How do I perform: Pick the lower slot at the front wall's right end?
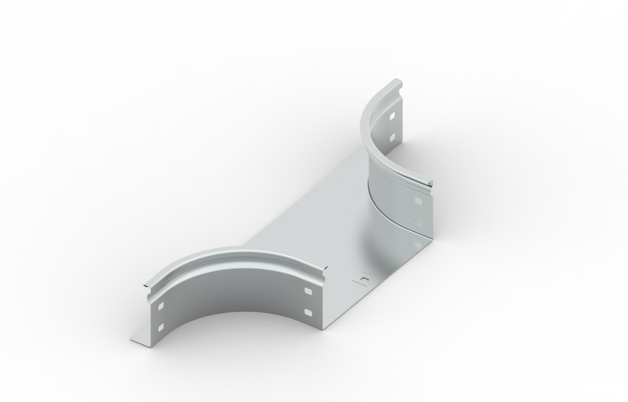pyautogui.click(x=309, y=312)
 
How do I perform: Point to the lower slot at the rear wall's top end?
pyautogui.click(x=393, y=137)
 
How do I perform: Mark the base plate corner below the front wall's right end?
pyautogui.click(x=325, y=329)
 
